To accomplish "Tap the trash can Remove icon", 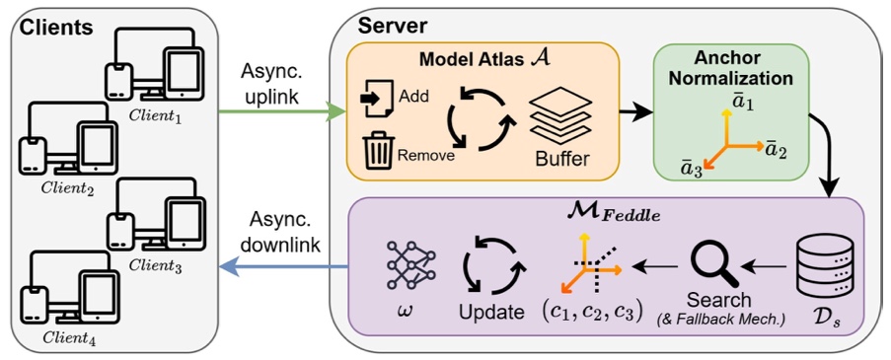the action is (378, 149).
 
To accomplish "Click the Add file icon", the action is (377, 98).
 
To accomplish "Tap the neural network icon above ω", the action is (408, 264).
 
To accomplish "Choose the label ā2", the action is (776, 150).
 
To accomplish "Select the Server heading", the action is (394, 25).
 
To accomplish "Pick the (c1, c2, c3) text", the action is (593, 313).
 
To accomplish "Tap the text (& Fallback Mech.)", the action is (719, 320).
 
